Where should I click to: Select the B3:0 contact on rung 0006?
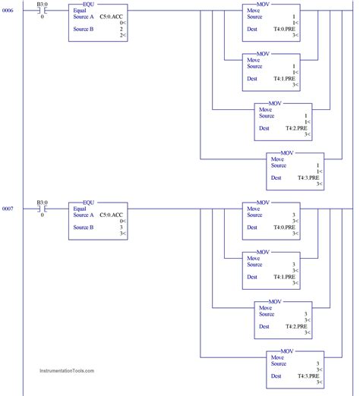(x=42, y=9)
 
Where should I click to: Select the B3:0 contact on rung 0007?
(x=42, y=208)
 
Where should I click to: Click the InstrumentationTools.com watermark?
(x=67, y=371)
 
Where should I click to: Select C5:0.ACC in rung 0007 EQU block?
(x=112, y=215)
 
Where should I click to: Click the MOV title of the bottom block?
(x=287, y=351)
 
